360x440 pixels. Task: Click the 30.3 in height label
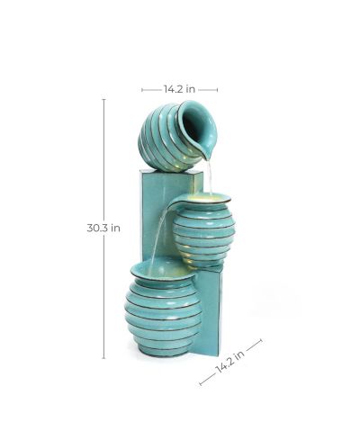[103, 228]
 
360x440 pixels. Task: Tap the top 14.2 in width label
[179, 89]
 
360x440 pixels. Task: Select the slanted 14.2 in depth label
[229, 361]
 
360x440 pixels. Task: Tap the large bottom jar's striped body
[163, 318]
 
